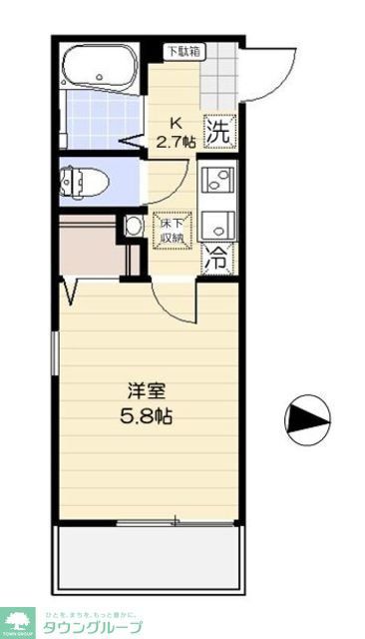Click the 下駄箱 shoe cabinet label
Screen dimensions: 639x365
tap(181, 51)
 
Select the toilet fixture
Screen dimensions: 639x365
tap(86, 182)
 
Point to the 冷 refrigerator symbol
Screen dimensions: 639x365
tap(216, 259)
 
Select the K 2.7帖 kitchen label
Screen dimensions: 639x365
tap(175, 131)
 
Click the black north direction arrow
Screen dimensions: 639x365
tap(306, 420)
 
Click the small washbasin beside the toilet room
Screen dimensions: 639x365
tap(134, 227)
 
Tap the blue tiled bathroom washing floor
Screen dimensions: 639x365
tap(100, 120)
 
